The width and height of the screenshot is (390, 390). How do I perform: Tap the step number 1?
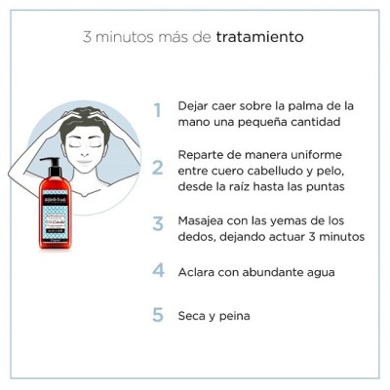pos(157,111)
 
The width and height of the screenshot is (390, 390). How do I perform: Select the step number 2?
pos(157,168)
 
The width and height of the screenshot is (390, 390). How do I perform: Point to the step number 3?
pos(157,224)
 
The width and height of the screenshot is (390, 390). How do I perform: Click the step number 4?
pos(157,270)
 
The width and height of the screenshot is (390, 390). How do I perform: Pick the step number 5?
pos(157,315)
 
